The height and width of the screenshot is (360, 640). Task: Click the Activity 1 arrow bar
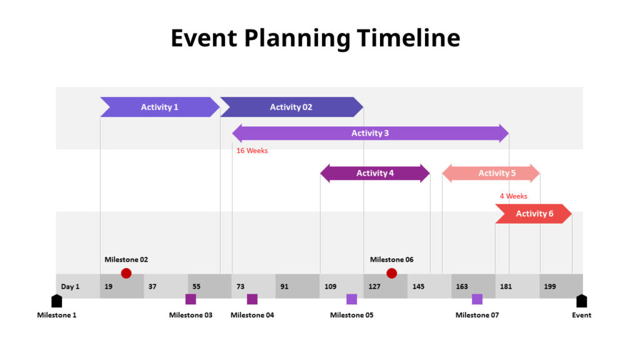coord(159,107)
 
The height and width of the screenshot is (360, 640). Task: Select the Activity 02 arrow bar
coord(291,107)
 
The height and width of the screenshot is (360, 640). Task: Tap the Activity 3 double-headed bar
coord(370,133)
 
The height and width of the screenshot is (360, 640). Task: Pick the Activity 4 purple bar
coord(375,173)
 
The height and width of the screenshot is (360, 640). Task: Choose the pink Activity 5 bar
coord(491,173)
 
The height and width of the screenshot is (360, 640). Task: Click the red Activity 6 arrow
coord(533,214)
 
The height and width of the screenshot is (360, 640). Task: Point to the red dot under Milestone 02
coord(126,273)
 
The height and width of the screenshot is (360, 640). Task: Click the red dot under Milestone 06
coord(392,273)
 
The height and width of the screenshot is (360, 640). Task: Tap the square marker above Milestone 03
coord(191,299)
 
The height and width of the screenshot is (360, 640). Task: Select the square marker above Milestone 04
coord(252,299)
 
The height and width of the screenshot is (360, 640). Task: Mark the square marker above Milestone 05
coord(352,299)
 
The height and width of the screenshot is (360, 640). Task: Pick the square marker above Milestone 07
coord(477,299)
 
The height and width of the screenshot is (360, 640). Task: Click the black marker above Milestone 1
coord(57,301)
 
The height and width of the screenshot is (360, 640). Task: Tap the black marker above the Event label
coord(581,301)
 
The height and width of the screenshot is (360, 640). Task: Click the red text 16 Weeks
coord(252,151)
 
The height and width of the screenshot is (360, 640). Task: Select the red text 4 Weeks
coord(513,196)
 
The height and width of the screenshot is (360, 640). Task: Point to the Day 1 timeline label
coord(70,287)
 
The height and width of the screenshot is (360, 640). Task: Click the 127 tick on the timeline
coord(374,287)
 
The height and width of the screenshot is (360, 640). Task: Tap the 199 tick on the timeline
coord(550,287)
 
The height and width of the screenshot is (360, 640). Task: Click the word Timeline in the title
coord(409,38)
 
